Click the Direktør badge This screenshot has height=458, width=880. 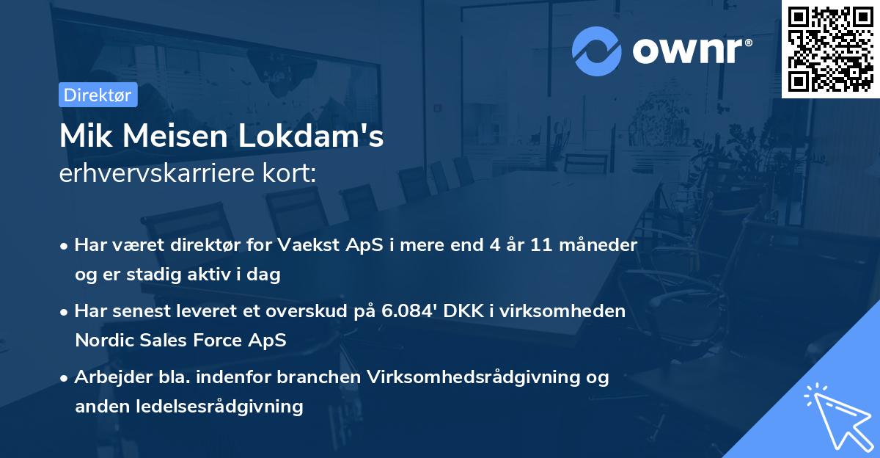[x=97, y=95]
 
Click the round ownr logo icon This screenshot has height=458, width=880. [x=597, y=51]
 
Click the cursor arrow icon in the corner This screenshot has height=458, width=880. [x=836, y=416]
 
